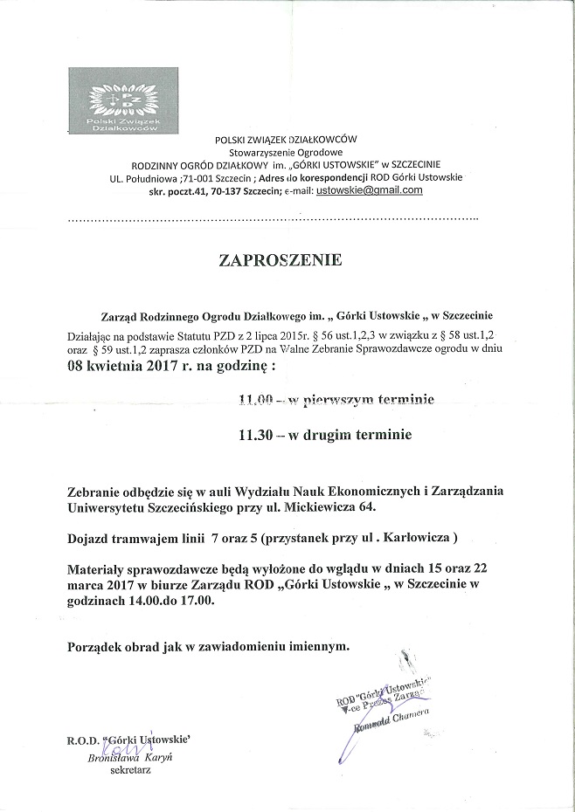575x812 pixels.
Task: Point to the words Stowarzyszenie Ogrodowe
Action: tap(286, 152)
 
